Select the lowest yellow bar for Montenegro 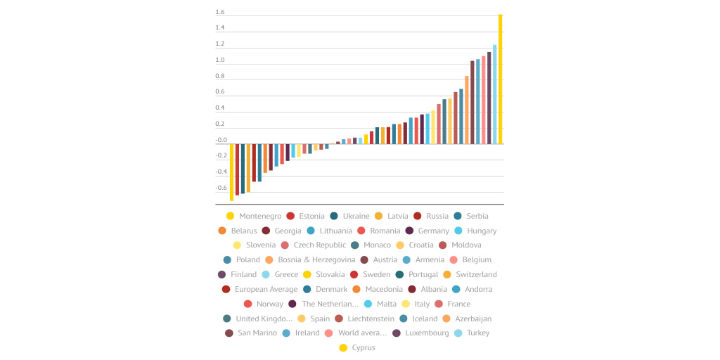[231, 172]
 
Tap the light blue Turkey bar [494, 94]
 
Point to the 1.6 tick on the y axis [220, 13]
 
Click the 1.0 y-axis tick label [220, 60]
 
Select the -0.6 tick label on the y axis [221, 188]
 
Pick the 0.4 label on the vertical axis [220, 108]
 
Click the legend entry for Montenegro [260, 216]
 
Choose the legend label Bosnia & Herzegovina [316, 260]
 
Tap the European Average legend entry [266, 289]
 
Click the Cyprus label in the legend [364, 348]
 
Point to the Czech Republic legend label [320, 245]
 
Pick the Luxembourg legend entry [426, 333]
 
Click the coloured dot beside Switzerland [447, 275]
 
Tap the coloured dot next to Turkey [458, 333]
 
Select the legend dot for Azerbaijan [446, 319]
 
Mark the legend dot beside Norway [247, 304]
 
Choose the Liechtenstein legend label [371, 319]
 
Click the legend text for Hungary [482, 231]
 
